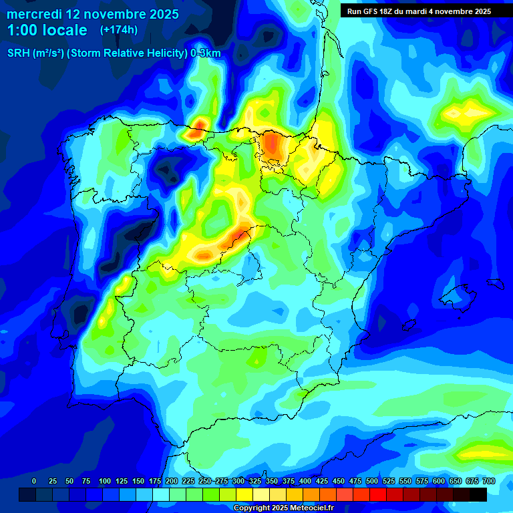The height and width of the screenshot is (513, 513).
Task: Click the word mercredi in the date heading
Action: [33, 13]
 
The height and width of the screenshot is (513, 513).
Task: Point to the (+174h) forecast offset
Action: [118, 30]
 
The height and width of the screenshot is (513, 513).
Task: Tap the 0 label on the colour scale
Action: [34, 481]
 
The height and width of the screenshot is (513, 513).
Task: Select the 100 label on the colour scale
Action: [105, 481]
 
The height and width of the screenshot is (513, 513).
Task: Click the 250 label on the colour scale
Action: [205, 481]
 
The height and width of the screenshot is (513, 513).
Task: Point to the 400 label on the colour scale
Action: [305, 481]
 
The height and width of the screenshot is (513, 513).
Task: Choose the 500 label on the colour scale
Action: [372, 481]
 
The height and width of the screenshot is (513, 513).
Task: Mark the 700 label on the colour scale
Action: [488, 481]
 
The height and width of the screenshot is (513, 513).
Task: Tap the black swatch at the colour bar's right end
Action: [478, 494]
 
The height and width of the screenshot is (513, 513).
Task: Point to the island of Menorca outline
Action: [495, 283]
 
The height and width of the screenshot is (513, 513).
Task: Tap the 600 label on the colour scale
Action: [439, 481]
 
